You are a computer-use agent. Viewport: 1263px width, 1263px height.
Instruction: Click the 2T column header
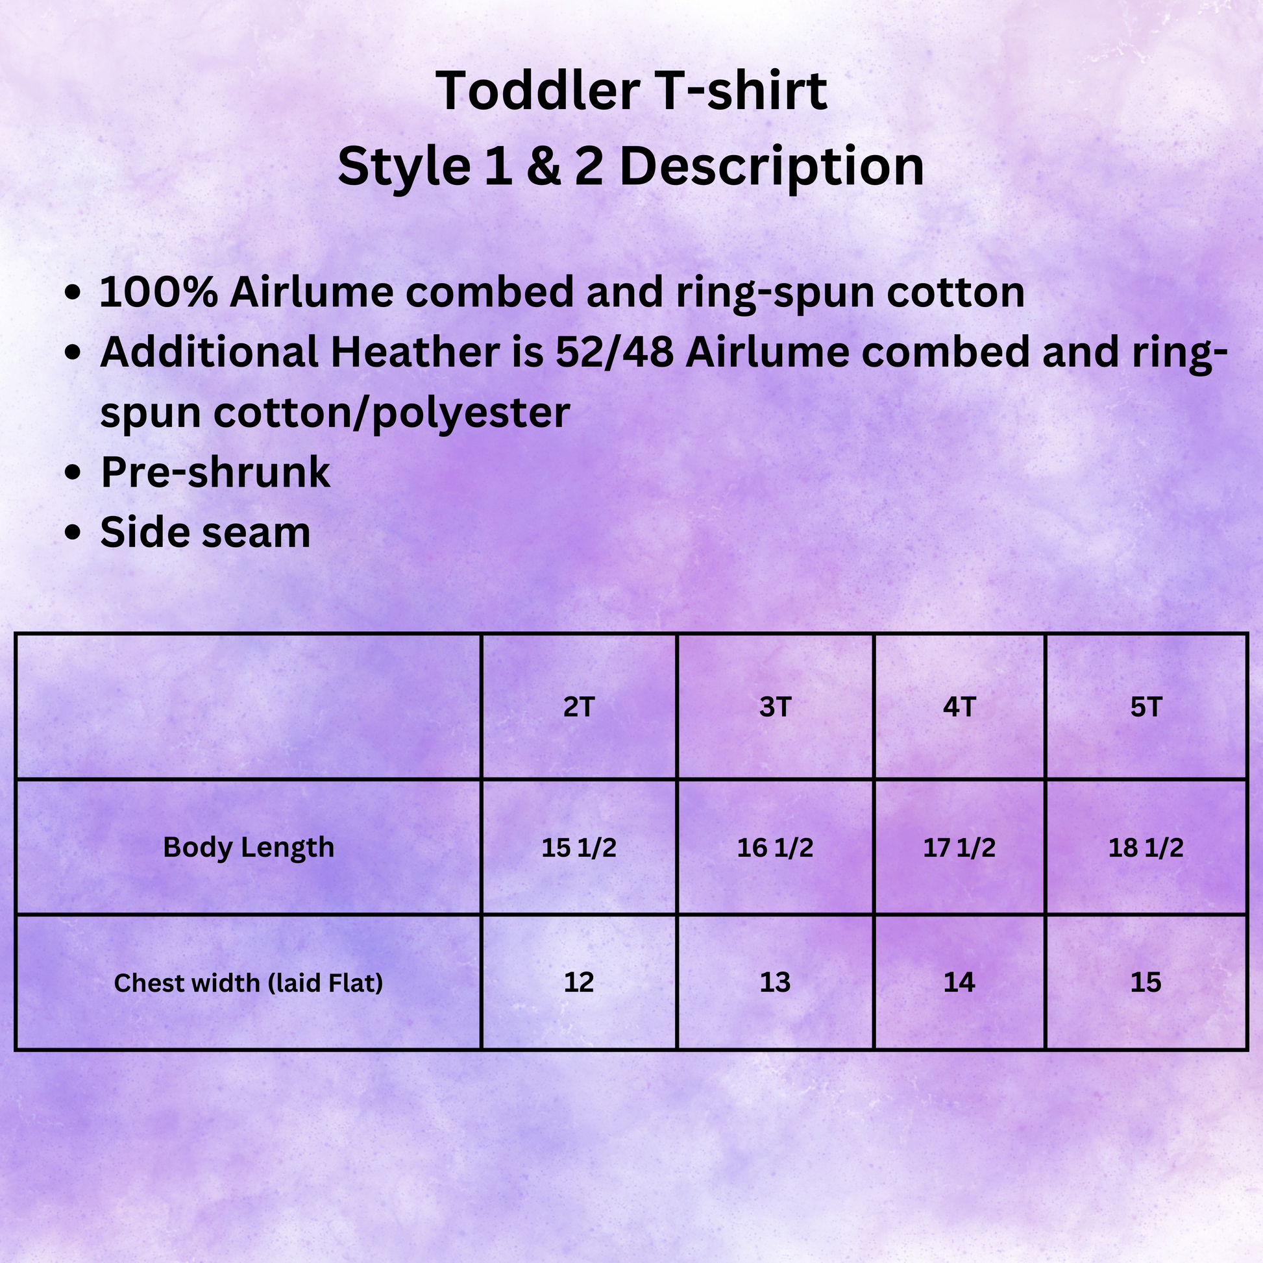[x=578, y=707]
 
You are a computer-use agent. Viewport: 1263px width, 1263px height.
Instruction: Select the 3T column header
[x=776, y=707]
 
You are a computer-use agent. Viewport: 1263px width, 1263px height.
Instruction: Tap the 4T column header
[x=959, y=707]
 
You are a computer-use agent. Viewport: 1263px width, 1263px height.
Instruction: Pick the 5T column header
[x=1146, y=707]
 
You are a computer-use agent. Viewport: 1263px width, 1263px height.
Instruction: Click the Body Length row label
[x=249, y=848]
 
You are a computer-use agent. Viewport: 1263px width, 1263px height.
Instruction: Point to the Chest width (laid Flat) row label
[x=249, y=983]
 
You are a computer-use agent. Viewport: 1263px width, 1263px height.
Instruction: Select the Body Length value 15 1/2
[x=578, y=848]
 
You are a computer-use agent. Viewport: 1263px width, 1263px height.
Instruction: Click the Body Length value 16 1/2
[x=776, y=848]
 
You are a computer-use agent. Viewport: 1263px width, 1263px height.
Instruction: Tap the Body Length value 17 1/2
[x=959, y=848]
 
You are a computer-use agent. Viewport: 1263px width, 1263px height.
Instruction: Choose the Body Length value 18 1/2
[x=1146, y=848]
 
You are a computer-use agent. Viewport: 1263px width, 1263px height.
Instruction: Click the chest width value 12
[x=578, y=983]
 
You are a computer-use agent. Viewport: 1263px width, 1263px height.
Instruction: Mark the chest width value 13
[x=776, y=983]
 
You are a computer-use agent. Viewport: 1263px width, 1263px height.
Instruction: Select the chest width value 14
[x=959, y=983]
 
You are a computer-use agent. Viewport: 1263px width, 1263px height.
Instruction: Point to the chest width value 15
[x=1146, y=983]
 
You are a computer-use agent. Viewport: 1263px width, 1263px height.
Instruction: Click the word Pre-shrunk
[x=215, y=472]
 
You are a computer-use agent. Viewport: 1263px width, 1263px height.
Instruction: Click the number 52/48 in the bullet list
[x=615, y=352]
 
